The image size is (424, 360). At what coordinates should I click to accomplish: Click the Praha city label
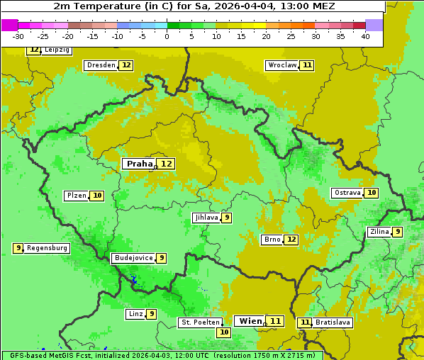coord(139,164)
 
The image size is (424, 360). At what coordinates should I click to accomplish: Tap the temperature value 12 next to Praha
coord(166,164)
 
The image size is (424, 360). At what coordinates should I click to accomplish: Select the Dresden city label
coord(101,65)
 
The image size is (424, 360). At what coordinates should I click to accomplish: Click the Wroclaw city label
coord(281,65)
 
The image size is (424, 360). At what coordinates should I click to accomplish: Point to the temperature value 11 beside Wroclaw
coord(306,65)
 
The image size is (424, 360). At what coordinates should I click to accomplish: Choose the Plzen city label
coord(77,196)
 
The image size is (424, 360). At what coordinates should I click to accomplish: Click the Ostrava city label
coord(347,193)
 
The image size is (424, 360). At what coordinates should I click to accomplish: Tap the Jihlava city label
coord(206,218)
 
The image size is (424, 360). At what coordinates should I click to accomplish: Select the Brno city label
coord(272,240)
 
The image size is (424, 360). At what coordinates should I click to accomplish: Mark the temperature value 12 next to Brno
coord(291,240)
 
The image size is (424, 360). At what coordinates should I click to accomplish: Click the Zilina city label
coord(379,232)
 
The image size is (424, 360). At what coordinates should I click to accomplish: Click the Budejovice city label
coord(133,258)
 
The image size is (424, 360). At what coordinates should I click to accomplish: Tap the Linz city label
coord(135,314)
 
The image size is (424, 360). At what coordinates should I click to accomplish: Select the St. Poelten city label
coord(199,322)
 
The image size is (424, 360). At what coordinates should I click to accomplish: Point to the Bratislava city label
coord(333,322)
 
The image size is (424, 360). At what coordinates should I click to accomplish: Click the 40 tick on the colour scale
coord(364,36)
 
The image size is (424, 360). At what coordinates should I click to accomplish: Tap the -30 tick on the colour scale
coord(19,36)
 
